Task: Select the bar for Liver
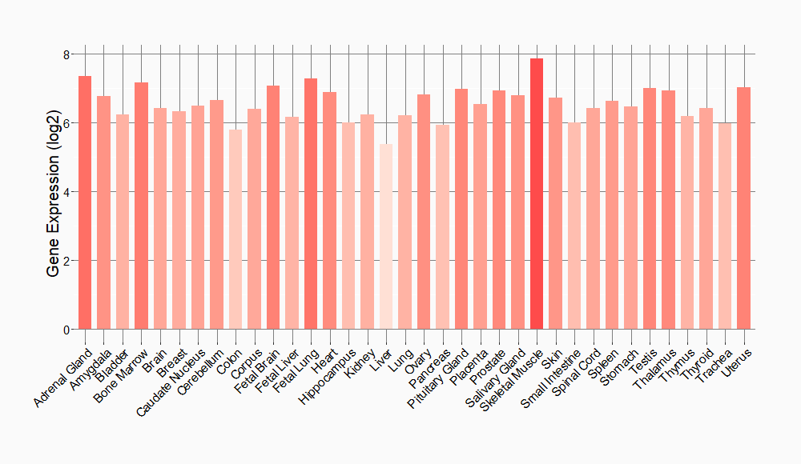tap(386, 237)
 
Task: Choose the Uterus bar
tap(743, 208)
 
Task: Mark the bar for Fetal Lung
tap(311, 204)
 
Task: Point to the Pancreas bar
tap(442, 227)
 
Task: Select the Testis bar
tap(650, 209)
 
